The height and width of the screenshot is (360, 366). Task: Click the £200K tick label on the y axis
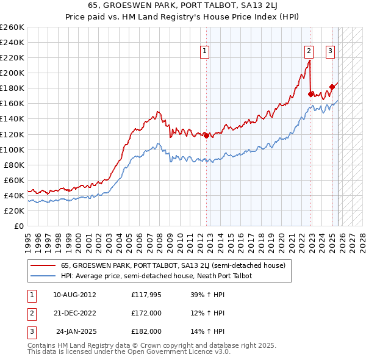click(x=12, y=73)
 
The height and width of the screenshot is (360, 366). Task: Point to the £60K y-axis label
click(x=14, y=180)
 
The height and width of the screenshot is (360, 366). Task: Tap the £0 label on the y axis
click(x=18, y=226)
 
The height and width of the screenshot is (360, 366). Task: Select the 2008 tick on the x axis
click(x=159, y=239)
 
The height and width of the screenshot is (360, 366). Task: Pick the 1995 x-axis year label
click(x=28, y=239)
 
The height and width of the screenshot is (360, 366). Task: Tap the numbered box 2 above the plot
click(x=309, y=51)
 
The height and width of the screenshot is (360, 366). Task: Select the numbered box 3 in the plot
click(x=330, y=51)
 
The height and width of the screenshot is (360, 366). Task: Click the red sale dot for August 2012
click(x=206, y=135)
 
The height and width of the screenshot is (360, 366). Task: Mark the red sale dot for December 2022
click(x=311, y=94)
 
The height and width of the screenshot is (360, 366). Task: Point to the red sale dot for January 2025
click(x=332, y=86)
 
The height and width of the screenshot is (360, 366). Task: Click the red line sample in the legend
click(x=43, y=265)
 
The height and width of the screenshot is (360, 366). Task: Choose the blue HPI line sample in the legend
click(x=43, y=276)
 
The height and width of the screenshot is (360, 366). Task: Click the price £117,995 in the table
click(x=146, y=295)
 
